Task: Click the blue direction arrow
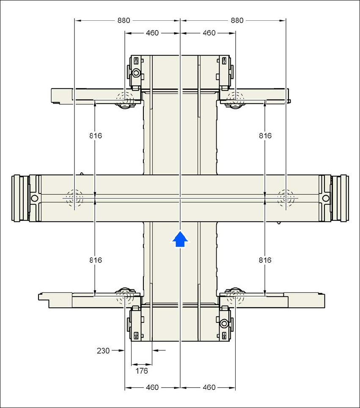pos(180,239)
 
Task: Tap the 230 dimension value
pos(103,351)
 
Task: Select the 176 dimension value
pos(141,371)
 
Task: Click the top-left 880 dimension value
pos(124,20)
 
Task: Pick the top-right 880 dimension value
pos(237,20)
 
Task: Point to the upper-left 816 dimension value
pos(96,135)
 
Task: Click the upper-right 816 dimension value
pos(265,135)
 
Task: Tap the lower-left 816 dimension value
pos(96,260)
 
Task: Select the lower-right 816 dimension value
pos(265,260)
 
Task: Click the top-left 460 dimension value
pos(152,33)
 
